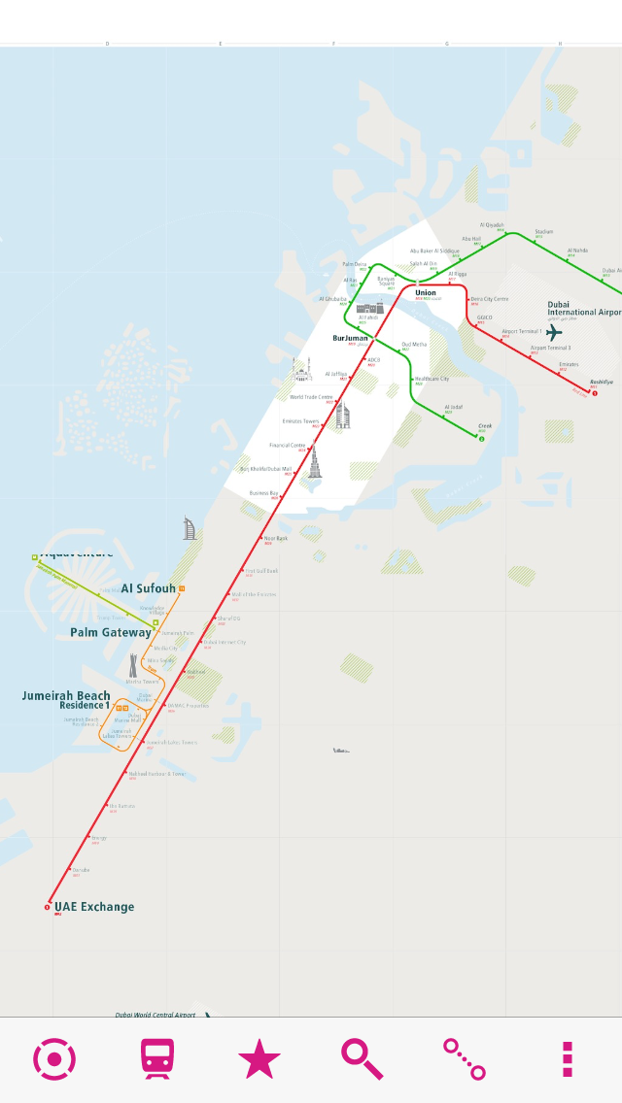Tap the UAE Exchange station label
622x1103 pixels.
click(94, 907)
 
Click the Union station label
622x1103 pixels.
click(426, 292)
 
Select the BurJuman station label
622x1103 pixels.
click(350, 339)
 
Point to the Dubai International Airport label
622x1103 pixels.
click(583, 309)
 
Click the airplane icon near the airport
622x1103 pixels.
click(554, 333)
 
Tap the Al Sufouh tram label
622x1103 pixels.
click(149, 588)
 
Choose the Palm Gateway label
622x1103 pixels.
click(111, 632)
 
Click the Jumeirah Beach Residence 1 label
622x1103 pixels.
click(66, 700)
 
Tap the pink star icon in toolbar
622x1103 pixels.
click(259, 1059)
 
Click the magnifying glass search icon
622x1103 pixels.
click(362, 1059)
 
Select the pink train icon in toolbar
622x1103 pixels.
click(157, 1059)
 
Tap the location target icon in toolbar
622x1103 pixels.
click(54, 1059)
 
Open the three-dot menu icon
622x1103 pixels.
click(568, 1059)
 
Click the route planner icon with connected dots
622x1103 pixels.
click(465, 1059)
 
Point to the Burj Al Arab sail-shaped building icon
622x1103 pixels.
click(190, 528)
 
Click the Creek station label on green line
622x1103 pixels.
click(485, 425)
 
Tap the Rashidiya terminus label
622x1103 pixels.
click(602, 382)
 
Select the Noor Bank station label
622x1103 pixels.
click(276, 538)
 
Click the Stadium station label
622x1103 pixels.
click(543, 231)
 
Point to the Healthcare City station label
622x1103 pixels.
click(432, 379)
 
